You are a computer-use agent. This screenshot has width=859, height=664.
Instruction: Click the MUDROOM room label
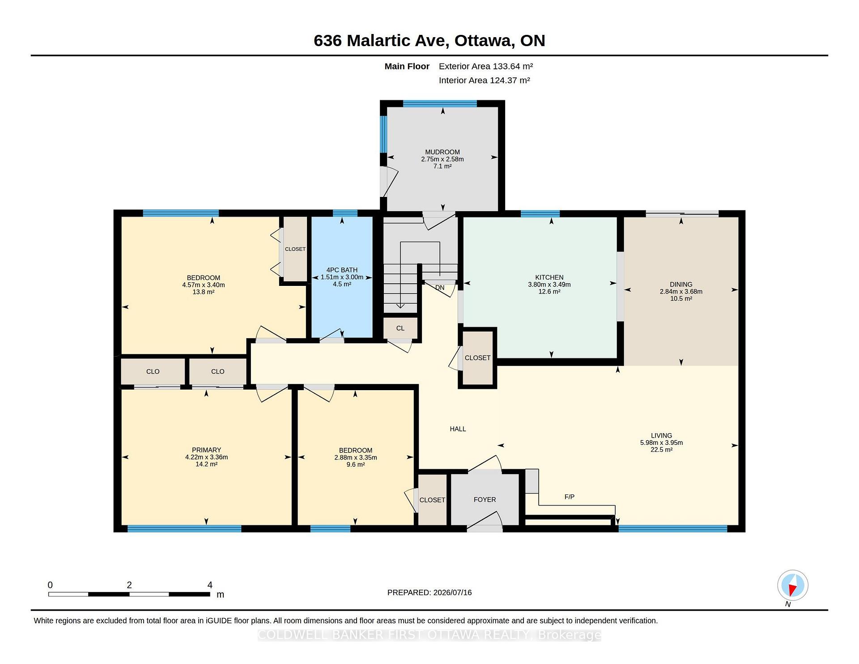[442, 152]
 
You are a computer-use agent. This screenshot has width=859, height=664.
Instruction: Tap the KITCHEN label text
[549, 277]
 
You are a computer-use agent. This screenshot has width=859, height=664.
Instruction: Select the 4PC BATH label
[342, 270]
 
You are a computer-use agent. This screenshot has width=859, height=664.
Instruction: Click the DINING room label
[681, 285]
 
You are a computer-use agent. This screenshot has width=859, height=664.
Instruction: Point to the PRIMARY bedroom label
[206, 450]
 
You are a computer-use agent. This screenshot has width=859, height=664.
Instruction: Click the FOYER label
[485, 500]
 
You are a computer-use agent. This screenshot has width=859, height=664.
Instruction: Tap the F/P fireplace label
[570, 497]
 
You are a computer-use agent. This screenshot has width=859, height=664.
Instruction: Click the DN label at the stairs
[440, 287]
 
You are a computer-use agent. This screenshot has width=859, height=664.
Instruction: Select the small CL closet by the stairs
[400, 328]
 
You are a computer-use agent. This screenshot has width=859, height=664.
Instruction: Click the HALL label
[458, 429]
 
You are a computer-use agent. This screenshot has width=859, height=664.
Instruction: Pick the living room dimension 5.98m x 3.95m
[661, 443]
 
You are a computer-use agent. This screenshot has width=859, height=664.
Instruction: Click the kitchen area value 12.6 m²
[549, 292]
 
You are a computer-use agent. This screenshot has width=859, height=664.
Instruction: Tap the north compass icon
[792, 585]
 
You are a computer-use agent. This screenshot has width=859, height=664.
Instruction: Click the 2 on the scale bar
[129, 585]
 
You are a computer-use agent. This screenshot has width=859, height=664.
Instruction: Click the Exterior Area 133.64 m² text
[486, 66]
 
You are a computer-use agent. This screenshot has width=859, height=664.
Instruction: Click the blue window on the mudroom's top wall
[440, 104]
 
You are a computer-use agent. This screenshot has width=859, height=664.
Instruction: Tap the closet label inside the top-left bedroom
[295, 249]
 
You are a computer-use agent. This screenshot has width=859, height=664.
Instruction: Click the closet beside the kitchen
[477, 358]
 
